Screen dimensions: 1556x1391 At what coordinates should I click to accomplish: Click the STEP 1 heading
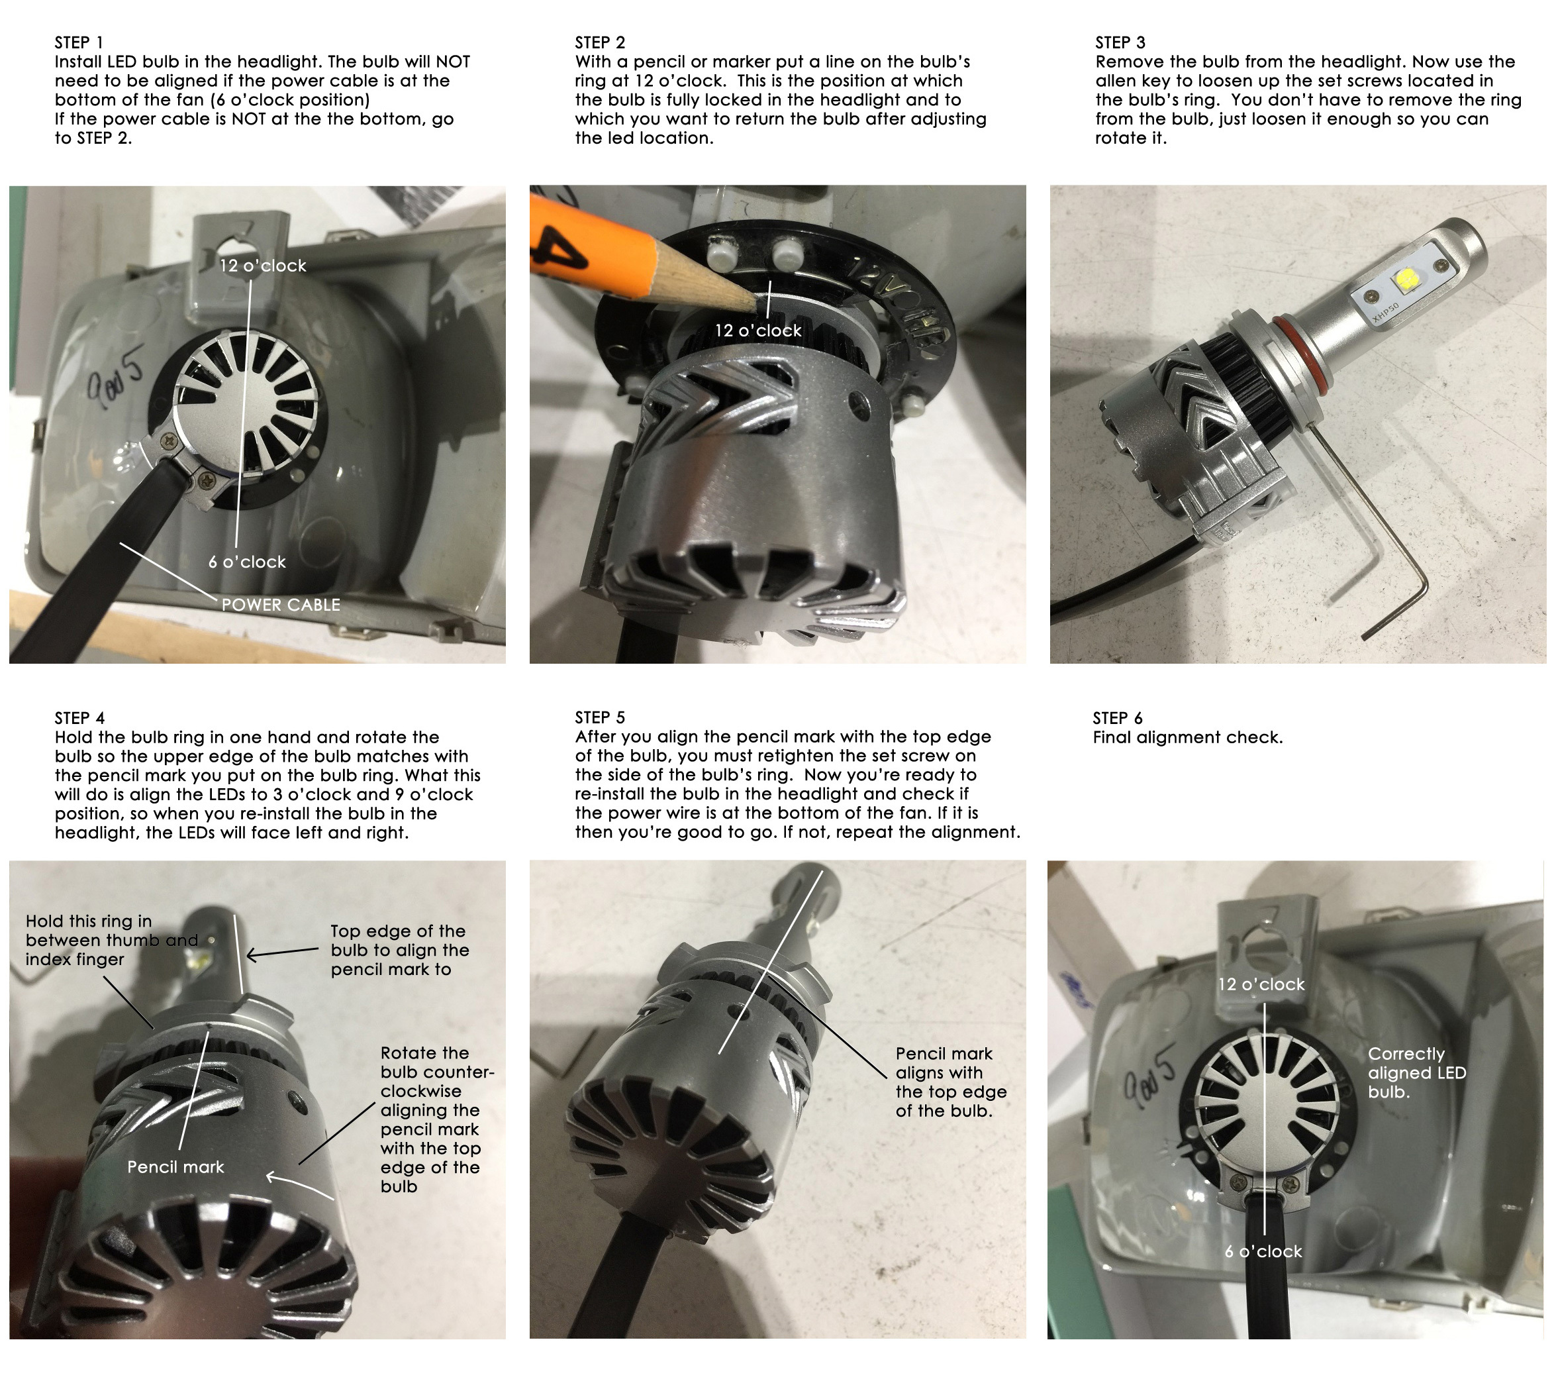pos(79,43)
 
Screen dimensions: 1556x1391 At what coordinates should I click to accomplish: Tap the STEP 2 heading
pos(600,43)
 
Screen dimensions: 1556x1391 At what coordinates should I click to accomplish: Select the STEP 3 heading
pos(1120,43)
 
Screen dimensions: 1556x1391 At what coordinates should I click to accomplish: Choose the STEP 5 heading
pos(600,717)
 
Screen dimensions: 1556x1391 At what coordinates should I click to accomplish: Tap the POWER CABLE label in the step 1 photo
pos(280,605)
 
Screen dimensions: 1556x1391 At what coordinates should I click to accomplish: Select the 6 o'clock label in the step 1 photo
pos(247,562)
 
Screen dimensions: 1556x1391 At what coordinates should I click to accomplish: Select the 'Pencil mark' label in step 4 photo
pos(175,1168)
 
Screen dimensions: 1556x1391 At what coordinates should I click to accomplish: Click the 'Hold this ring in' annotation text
pos(88,922)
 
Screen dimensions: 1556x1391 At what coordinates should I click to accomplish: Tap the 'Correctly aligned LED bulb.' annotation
pos(1417,1073)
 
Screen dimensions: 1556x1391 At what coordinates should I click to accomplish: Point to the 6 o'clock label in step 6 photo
pos(1263,1252)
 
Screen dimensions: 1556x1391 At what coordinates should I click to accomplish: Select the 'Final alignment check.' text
pos(1188,737)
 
